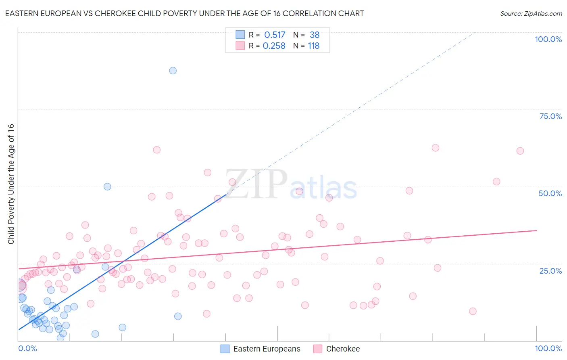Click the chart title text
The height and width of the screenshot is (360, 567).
[184, 13]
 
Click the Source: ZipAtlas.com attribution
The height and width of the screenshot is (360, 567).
[531, 13]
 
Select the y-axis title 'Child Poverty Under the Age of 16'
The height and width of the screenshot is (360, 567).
[11, 184]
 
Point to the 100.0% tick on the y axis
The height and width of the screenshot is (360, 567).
[548, 39]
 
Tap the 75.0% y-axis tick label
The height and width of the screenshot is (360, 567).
[550, 116]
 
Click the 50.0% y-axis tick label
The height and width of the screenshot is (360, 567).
[550, 193]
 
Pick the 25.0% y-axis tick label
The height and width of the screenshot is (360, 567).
[550, 271]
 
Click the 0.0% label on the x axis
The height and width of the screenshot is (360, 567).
[27, 348]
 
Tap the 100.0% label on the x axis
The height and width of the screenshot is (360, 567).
[548, 348]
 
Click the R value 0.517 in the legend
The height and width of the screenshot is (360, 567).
[275, 35]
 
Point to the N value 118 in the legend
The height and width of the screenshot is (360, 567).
[313, 46]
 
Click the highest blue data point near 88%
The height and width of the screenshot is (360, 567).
[173, 71]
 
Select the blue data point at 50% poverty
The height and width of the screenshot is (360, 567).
[107, 186]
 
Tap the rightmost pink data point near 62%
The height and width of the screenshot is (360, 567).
[520, 151]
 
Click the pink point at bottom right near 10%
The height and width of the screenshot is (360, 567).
[473, 311]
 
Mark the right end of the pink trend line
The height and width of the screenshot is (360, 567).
[536, 230]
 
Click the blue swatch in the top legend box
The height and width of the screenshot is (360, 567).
[240, 35]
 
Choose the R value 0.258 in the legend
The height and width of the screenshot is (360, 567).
[274, 46]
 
